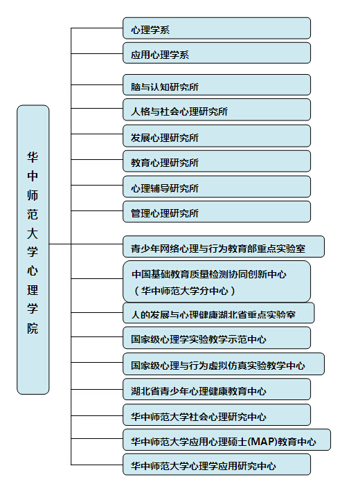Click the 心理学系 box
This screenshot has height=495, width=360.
click(217, 28)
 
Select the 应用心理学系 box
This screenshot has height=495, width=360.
click(217, 53)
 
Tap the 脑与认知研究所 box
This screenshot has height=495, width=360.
click(217, 85)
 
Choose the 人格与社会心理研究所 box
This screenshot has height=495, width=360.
click(217, 110)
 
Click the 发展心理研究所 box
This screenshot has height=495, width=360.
click(217, 136)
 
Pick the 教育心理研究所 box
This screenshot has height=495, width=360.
click(217, 161)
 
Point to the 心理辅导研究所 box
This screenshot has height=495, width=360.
click(217, 187)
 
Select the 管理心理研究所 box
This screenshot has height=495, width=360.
click(217, 212)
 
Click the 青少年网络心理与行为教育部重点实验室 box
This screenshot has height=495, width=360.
click(224, 246)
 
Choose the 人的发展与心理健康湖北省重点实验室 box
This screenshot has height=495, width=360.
click(219, 313)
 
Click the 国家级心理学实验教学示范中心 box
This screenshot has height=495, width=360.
click(217, 338)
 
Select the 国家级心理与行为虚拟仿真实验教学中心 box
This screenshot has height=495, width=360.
click(224, 364)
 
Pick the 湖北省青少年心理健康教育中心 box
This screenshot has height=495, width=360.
click(217, 390)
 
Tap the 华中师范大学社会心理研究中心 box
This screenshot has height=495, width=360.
click(217, 415)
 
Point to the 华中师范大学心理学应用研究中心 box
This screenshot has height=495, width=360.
click(217, 465)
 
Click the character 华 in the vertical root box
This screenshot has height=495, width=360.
click(33, 157)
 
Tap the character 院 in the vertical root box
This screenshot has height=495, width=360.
click(33, 328)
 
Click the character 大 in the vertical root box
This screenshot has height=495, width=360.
click(33, 233)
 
